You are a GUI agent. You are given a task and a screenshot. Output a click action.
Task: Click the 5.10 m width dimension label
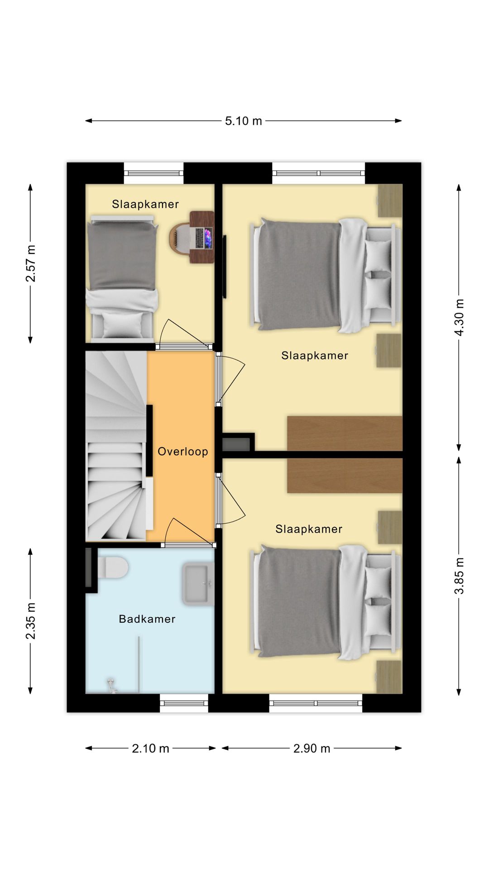[x=244, y=121]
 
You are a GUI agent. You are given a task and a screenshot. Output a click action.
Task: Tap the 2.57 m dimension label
[x=30, y=263]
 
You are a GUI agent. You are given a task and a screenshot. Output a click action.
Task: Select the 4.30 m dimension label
[x=459, y=317]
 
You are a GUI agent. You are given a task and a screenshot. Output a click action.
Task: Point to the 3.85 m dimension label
[x=459, y=576]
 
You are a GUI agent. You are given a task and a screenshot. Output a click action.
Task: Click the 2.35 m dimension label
[x=30, y=621]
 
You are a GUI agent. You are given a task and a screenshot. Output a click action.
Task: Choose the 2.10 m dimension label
[x=150, y=748]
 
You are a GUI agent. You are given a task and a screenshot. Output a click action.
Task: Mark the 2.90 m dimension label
[x=312, y=748]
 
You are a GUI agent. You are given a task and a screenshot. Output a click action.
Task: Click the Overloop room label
[x=183, y=452]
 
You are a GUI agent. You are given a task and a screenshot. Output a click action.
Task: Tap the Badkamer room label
[x=147, y=619]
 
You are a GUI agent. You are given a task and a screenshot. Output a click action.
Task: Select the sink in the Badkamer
[x=198, y=584]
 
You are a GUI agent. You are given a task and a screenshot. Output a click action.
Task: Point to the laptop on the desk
[x=203, y=238]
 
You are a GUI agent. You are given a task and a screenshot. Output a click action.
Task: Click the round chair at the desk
[x=180, y=238]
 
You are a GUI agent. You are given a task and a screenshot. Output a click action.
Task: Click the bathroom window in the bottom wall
[x=184, y=703]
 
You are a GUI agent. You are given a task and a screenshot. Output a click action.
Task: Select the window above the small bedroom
[x=153, y=173]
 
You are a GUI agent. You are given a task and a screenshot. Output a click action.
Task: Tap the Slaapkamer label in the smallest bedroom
[x=145, y=204]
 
